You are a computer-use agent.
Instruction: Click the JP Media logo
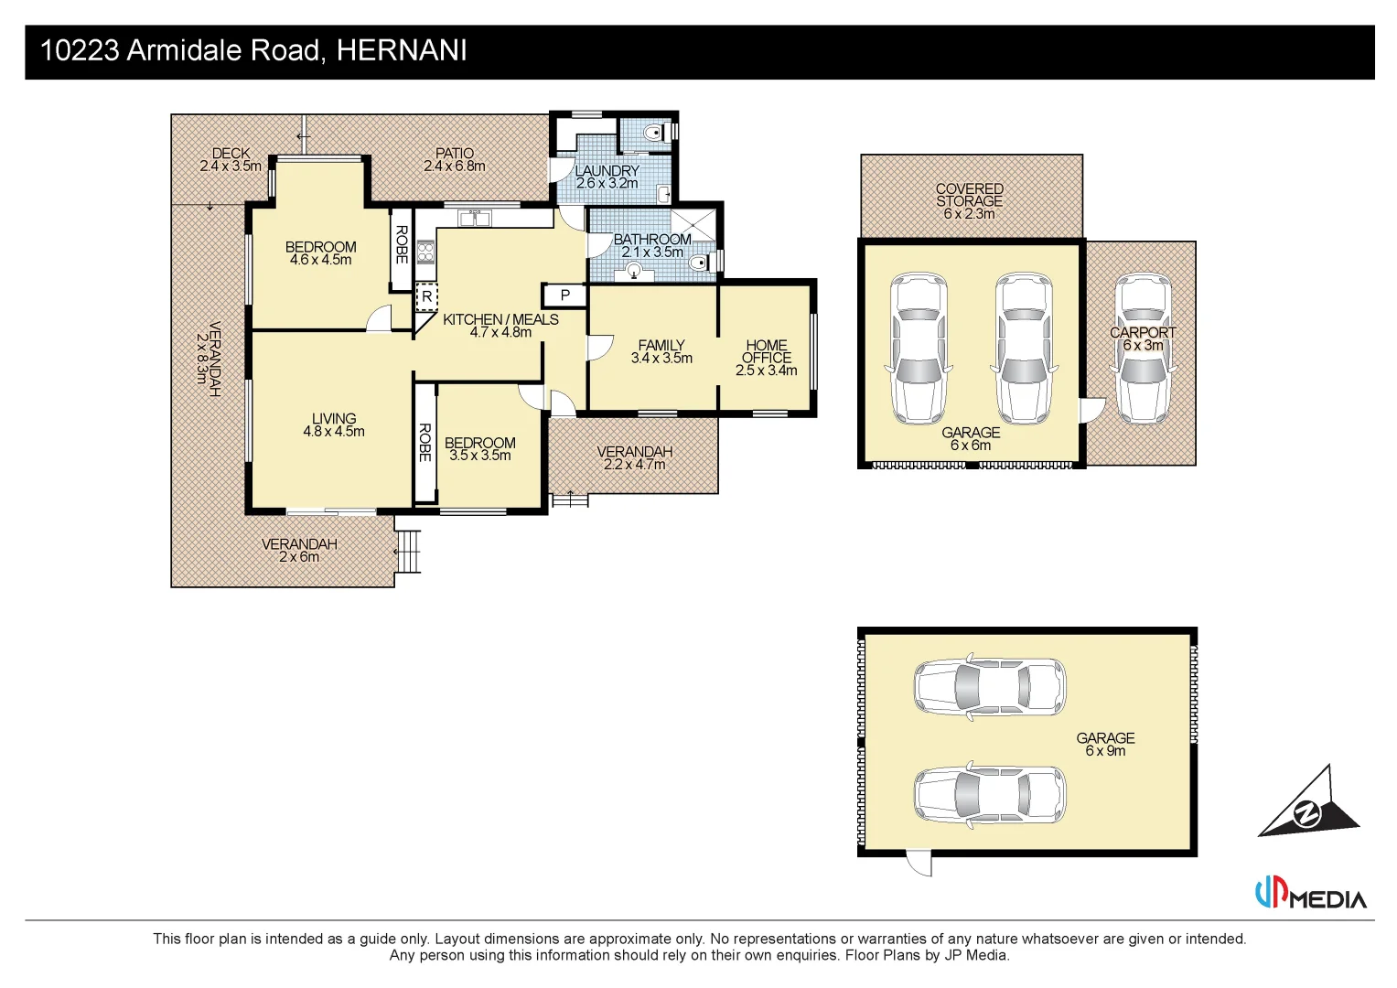pos(1310,894)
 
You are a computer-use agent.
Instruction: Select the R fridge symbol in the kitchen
pos(426,297)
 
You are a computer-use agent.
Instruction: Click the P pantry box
pos(564,295)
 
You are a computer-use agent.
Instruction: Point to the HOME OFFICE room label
pos(766,352)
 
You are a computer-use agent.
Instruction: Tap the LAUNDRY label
pos(607,171)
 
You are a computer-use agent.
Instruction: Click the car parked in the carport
pos(1143,348)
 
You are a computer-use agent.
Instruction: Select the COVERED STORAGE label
pos(970,195)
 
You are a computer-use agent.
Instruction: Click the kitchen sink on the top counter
pos(474,218)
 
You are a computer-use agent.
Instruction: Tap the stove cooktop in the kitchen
pos(425,251)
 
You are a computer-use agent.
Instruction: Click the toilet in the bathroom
pos(701,263)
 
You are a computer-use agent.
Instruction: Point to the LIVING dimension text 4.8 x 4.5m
pos(334,432)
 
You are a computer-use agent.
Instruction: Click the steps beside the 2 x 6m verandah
pos(408,551)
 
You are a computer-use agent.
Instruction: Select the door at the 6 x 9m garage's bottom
pos(918,864)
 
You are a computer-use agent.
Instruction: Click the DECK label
pos(231,154)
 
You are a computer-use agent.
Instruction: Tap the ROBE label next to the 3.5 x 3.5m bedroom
pos(424,442)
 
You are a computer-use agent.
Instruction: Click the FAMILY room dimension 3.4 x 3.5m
pos(661,359)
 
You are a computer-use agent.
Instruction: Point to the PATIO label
pos(455,154)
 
